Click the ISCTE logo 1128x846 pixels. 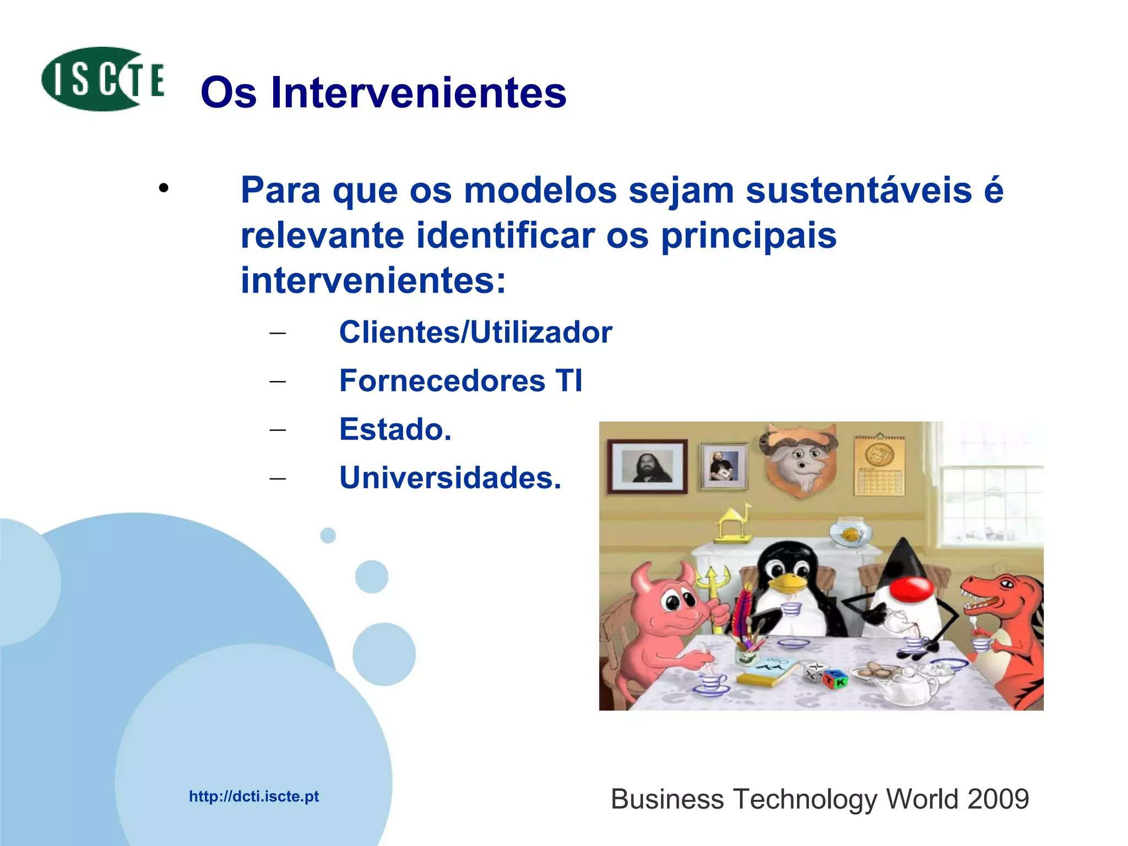pos(103,79)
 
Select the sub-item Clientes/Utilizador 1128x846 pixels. pos(475,332)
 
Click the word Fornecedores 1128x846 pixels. pos(442,381)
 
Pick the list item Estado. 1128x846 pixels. pos(395,429)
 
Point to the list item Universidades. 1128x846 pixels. pos(450,478)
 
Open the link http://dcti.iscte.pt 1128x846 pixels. pos(254,796)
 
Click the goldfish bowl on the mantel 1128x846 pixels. pos(850,533)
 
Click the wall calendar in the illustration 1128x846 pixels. pos(879,465)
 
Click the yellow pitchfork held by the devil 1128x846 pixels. pos(714,589)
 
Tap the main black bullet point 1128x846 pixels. pos(163,189)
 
